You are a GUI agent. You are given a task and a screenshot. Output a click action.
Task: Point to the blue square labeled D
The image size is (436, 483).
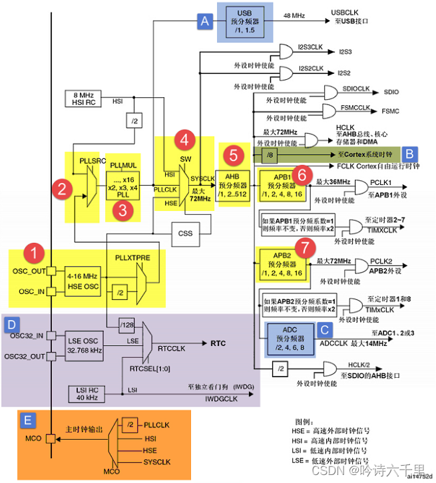point(11,324)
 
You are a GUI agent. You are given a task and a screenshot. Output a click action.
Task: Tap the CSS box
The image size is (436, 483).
point(184,234)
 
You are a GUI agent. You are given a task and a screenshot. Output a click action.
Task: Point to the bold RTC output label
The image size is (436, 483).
point(219,344)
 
